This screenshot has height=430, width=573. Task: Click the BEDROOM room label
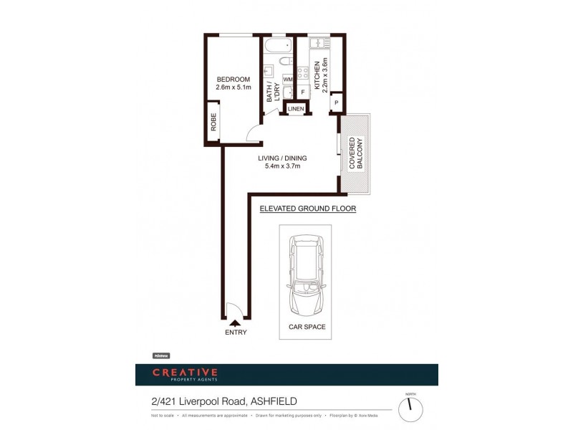[x=233, y=79]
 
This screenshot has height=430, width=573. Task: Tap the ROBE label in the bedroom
[x=213, y=123]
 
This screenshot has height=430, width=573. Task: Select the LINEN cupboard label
[x=296, y=109]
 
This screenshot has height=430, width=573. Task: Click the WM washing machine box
[x=287, y=80]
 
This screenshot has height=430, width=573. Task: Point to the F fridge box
[x=302, y=92]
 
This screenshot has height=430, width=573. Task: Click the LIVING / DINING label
[x=282, y=158]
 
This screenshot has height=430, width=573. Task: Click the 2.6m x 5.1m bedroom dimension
[x=233, y=87]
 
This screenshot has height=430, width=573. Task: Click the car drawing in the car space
[x=304, y=279]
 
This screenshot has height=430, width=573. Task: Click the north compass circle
[x=410, y=409]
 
